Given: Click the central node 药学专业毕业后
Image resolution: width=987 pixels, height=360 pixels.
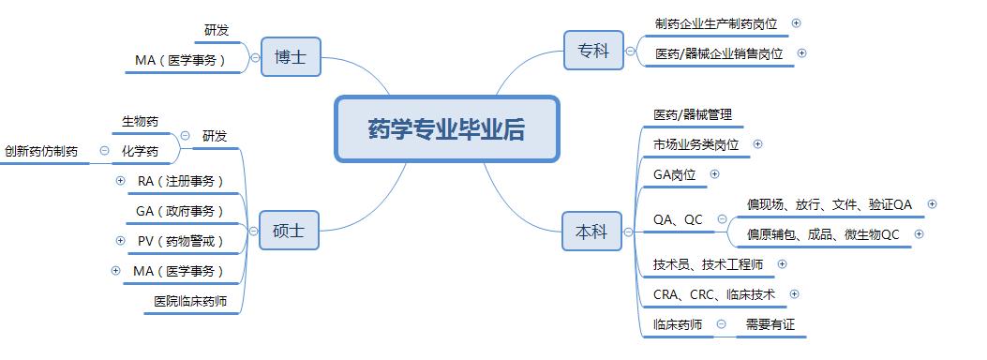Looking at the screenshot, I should click(446, 129).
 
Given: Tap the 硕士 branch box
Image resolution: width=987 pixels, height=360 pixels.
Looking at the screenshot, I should click(290, 230).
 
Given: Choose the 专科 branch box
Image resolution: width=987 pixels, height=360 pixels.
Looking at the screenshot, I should click(592, 50).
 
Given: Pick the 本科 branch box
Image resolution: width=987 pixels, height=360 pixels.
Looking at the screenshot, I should click(592, 232).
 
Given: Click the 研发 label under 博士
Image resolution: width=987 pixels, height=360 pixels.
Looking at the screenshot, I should click(217, 30).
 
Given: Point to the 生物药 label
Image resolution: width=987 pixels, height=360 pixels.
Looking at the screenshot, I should click(141, 121).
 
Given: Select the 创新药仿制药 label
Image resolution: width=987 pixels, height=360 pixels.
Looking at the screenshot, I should click(41, 150).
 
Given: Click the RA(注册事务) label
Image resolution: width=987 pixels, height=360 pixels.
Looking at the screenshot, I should click(181, 181).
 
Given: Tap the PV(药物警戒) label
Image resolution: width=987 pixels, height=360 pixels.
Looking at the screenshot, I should click(181, 241).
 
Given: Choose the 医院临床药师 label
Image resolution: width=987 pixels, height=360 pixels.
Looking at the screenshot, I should click(190, 301).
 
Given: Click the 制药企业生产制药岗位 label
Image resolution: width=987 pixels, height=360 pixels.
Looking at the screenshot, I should click(718, 23).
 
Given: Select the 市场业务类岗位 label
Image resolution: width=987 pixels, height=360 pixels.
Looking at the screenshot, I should click(696, 144).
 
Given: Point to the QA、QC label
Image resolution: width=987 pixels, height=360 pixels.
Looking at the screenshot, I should click(678, 219).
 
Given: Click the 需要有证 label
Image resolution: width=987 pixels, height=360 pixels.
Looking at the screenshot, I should click(770, 324).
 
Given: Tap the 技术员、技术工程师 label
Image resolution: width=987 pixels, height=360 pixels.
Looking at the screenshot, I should click(709, 264).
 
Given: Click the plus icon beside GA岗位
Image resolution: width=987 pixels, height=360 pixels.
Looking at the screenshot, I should click(715, 173).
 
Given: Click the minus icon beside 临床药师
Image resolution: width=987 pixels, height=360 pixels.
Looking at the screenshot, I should click(721, 324).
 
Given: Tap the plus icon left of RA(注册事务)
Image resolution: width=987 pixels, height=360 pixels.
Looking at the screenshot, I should click(120, 181).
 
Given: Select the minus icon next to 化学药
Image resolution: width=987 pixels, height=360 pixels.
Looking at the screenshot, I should click(104, 150).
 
